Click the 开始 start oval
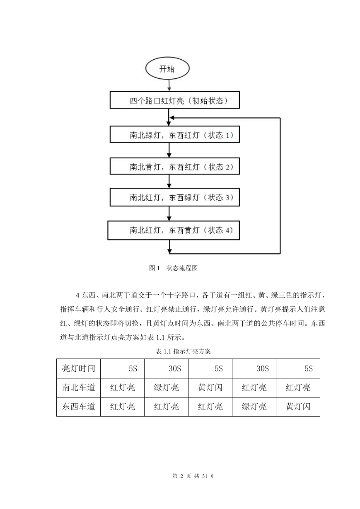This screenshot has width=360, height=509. click(167, 69)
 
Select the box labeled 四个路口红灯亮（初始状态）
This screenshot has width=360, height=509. click(175, 100)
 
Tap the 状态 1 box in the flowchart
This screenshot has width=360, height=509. click(175, 134)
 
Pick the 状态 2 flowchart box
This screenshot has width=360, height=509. click(175, 166)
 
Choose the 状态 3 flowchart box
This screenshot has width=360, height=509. click(175, 197)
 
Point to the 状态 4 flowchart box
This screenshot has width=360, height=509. click(174, 230)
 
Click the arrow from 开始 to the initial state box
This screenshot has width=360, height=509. click(169, 85)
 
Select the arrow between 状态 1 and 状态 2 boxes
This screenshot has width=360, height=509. click(169, 150)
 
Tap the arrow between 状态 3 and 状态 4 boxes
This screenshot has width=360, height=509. click(169, 213)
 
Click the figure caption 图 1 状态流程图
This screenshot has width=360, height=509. click(173, 268)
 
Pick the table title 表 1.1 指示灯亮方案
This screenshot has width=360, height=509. click(183, 351)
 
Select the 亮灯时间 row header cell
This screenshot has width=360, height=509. click(78, 368)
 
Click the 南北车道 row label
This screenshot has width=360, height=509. click(78, 388)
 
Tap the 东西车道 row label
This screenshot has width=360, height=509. click(78, 407)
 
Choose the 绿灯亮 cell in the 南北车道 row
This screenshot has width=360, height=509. click(166, 388)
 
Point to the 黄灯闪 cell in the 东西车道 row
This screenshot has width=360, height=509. click(298, 407)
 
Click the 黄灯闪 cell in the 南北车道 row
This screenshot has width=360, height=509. click(210, 388)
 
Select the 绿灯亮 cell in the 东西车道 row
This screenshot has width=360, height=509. click(254, 407)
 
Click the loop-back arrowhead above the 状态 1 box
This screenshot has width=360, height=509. click(172, 118)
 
